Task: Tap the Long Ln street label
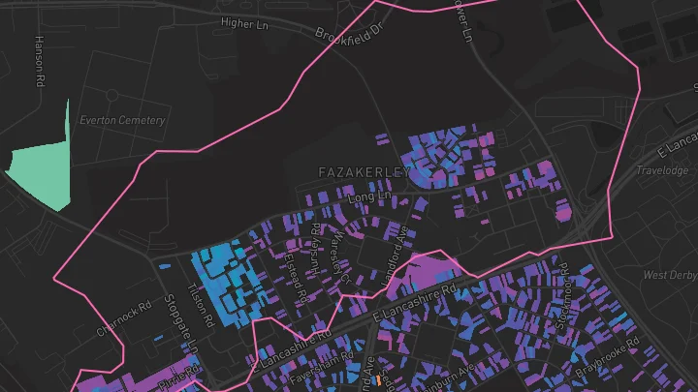(x=368, y=196)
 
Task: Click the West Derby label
(x=670, y=276)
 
